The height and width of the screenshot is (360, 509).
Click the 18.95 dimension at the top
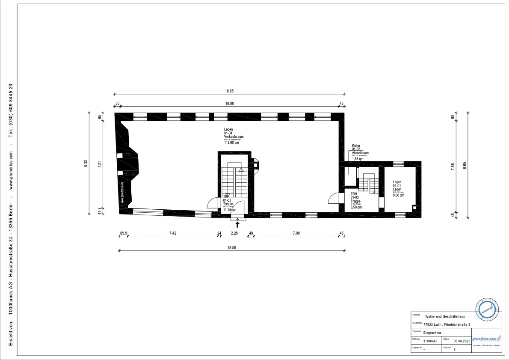(230, 91)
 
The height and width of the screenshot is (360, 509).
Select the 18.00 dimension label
(230, 104)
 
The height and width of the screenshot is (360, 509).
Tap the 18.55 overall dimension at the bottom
(231, 247)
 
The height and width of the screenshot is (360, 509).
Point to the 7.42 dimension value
(173, 233)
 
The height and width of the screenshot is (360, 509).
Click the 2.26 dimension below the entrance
(234, 233)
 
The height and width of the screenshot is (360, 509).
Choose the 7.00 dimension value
(296, 233)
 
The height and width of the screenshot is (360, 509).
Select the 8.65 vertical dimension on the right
(465, 165)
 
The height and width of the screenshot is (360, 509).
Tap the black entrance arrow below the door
(238, 224)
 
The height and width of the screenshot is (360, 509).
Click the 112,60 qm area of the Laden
(231, 143)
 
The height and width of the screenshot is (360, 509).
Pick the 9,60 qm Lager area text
(398, 196)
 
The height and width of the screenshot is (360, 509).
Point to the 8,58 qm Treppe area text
(356, 207)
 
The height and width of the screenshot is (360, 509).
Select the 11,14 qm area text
(230, 210)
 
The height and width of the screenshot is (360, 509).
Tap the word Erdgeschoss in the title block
(433, 333)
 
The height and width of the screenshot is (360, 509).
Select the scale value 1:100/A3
(430, 341)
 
